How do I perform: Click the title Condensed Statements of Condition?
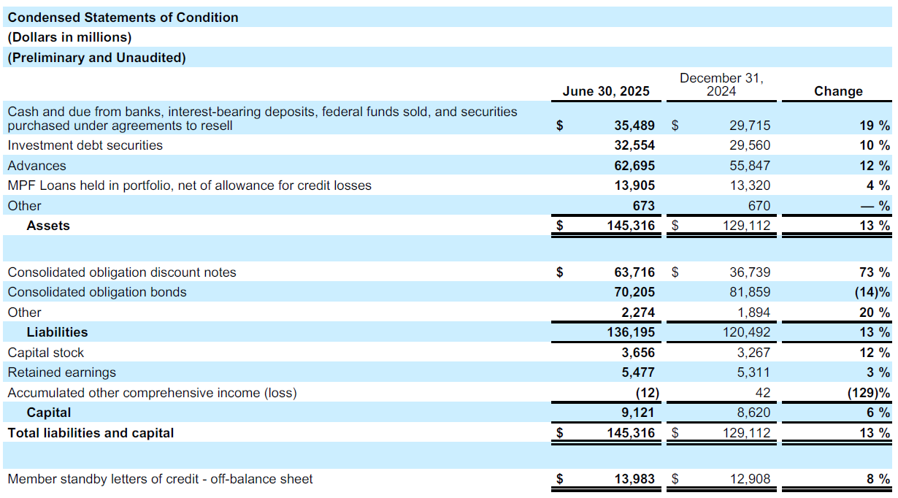[x=123, y=18]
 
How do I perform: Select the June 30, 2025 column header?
[x=606, y=91]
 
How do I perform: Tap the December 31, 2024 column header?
[x=721, y=84]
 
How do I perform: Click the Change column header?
[x=838, y=91]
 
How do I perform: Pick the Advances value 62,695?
[x=634, y=166]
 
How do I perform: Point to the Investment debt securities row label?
[x=85, y=145]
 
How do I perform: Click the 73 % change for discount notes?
[x=875, y=272]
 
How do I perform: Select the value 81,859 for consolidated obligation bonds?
[x=750, y=292]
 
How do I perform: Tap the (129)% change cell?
[x=870, y=393]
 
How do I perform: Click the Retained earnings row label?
[x=61, y=372]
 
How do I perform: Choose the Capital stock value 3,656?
[x=640, y=353]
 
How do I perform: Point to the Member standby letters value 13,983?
[x=634, y=479]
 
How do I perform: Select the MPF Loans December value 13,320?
[x=750, y=185]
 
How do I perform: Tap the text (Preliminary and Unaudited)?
[x=96, y=58]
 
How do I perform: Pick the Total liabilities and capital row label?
[x=91, y=433]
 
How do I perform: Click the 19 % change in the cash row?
[x=875, y=126]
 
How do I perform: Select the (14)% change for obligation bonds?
[x=872, y=292]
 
